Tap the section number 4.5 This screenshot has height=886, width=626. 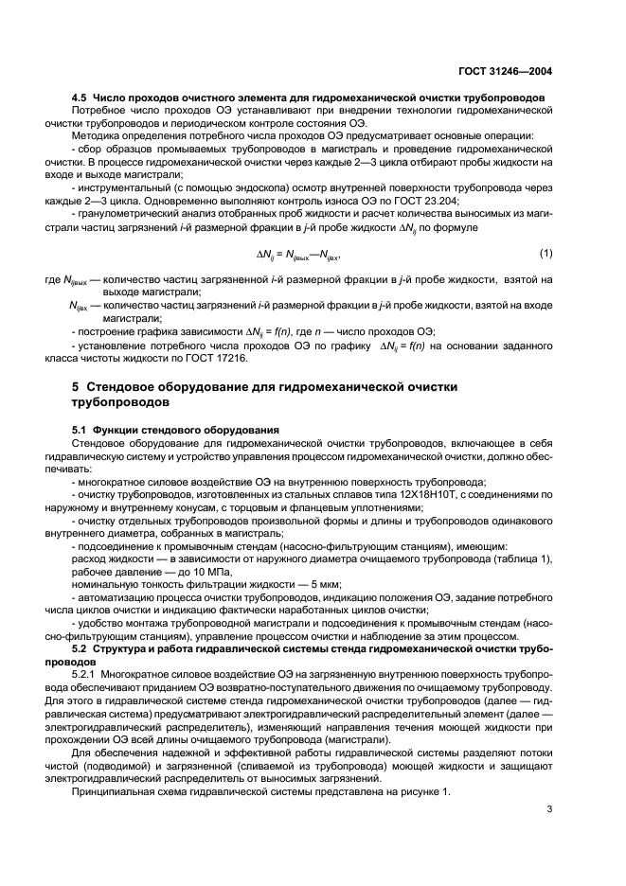[x=80, y=97]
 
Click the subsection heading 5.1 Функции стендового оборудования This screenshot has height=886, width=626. [x=162, y=430]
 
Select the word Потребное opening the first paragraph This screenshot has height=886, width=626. [x=98, y=111]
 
